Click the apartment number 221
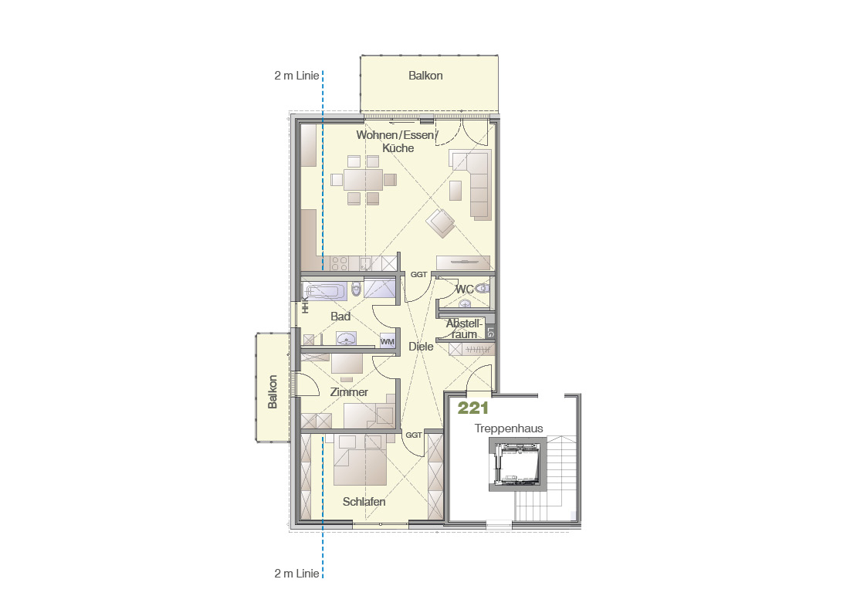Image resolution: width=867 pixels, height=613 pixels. (x=472, y=408)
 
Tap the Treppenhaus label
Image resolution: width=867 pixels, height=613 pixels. (x=509, y=428)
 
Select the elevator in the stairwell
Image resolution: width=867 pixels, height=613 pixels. (x=517, y=464)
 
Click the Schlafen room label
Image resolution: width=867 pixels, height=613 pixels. (x=364, y=502)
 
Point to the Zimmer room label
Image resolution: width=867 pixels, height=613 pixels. (x=349, y=392)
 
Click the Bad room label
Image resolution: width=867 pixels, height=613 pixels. (x=340, y=317)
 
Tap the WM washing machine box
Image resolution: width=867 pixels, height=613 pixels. (x=387, y=341)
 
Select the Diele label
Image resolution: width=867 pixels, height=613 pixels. (x=421, y=347)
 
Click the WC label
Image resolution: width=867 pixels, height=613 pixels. (x=465, y=289)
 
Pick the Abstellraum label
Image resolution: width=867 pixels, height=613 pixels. (x=464, y=329)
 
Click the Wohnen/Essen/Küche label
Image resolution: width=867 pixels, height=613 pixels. (x=398, y=141)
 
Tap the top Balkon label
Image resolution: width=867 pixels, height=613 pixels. (x=425, y=76)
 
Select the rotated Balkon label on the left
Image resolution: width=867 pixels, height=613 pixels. (x=273, y=392)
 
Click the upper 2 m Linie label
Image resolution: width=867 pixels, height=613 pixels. (x=296, y=76)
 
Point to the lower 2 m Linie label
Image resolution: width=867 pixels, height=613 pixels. (x=296, y=574)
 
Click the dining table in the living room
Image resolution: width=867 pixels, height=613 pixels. (x=364, y=180)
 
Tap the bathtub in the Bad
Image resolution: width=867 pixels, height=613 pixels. (x=327, y=291)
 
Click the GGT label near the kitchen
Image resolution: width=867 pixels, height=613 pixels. (x=418, y=274)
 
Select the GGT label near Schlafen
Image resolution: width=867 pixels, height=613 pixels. (x=414, y=435)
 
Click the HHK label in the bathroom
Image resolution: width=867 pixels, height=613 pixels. (x=305, y=306)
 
